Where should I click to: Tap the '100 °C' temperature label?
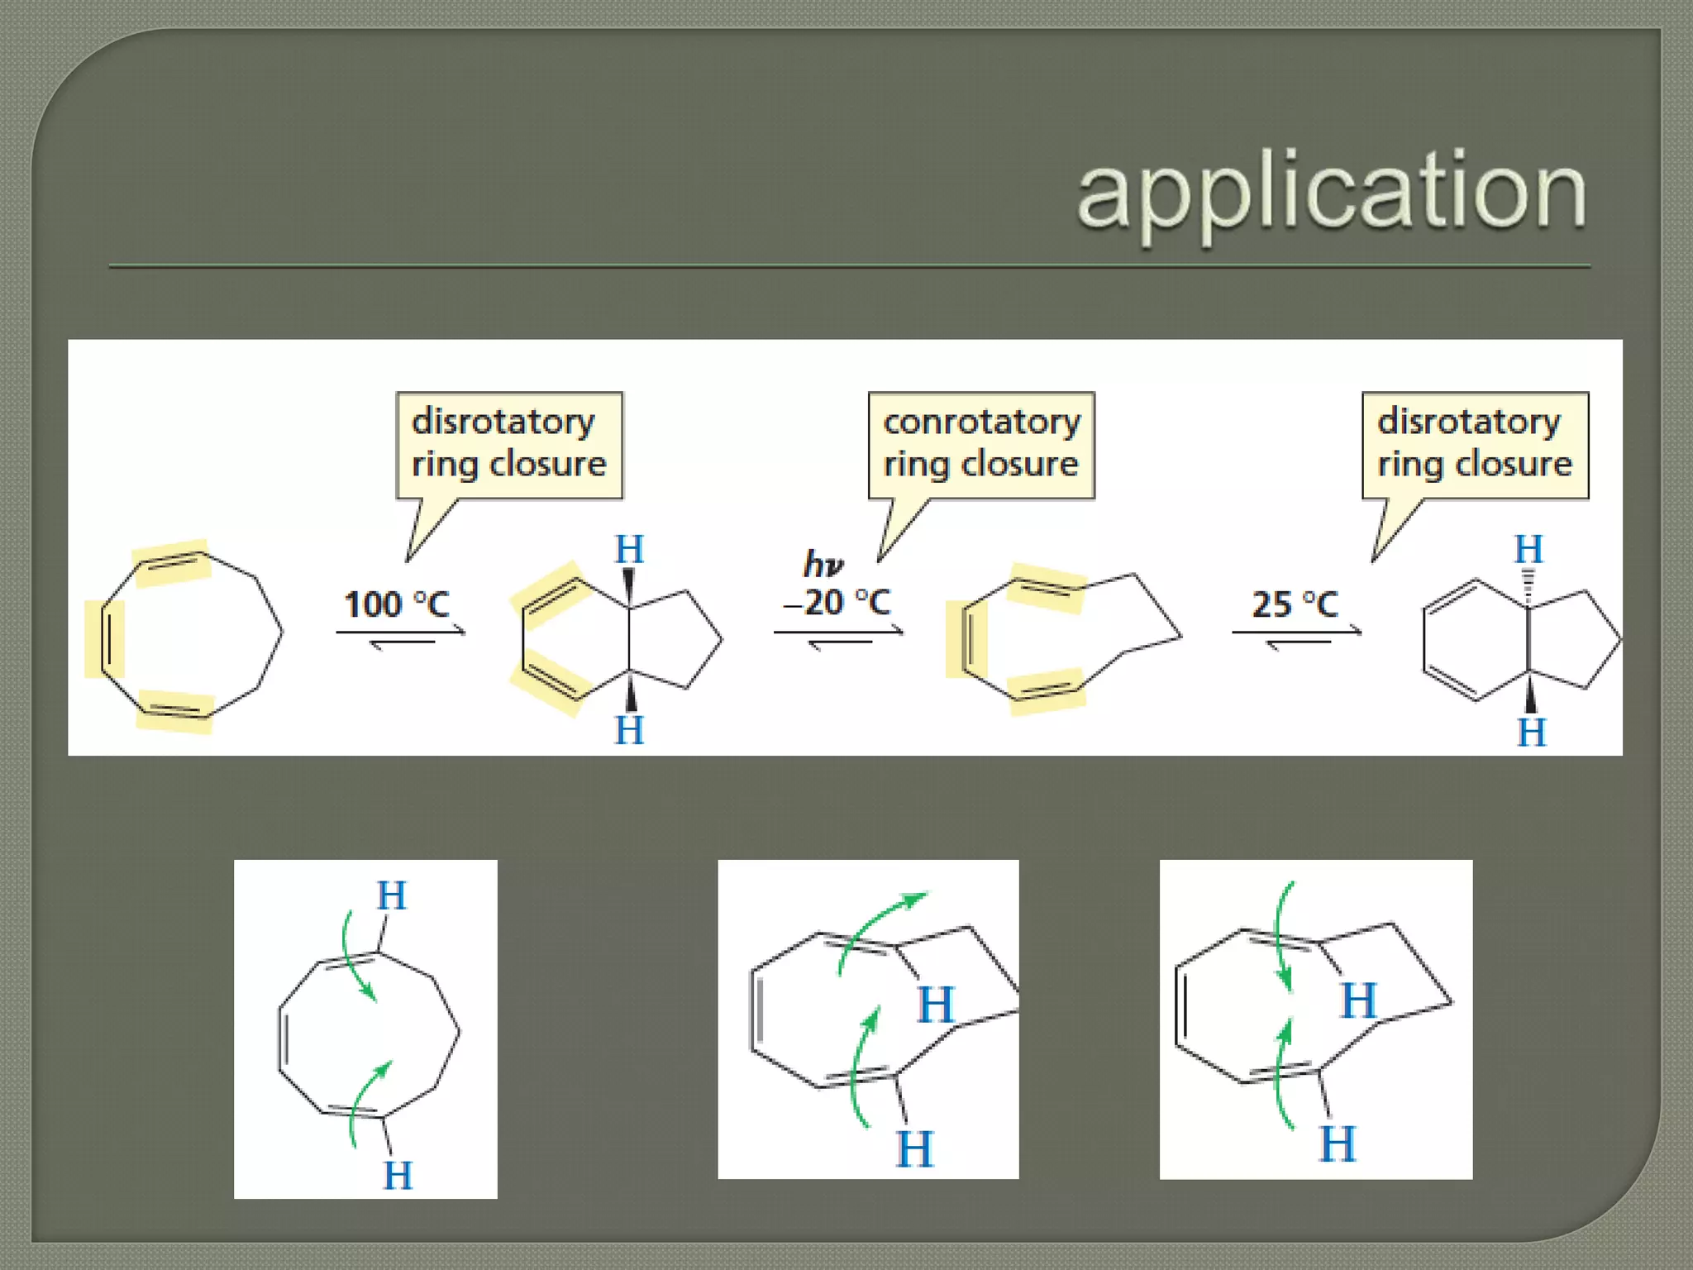(x=397, y=604)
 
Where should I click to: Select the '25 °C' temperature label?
(x=1295, y=604)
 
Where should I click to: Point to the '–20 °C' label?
(x=837, y=603)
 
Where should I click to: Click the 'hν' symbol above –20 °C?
(x=823, y=565)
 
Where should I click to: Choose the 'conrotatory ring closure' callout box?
(x=981, y=445)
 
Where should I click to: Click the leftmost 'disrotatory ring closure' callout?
(x=509, y=445)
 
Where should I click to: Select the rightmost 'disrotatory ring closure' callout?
(x=1475, y=445)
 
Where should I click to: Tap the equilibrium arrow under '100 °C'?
(x=401, y=636)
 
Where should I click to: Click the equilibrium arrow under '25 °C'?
(x=1296, y=636)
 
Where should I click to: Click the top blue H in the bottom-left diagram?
(x=392, y=895)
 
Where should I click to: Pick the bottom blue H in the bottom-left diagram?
(x=398, y=1175)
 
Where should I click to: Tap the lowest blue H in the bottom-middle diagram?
(x=914, y=1149)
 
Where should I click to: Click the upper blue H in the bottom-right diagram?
(x=1358, y=1000)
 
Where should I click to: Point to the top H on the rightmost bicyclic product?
(x=1528, y=549)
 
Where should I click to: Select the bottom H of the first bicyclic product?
(x=629, y=730)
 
